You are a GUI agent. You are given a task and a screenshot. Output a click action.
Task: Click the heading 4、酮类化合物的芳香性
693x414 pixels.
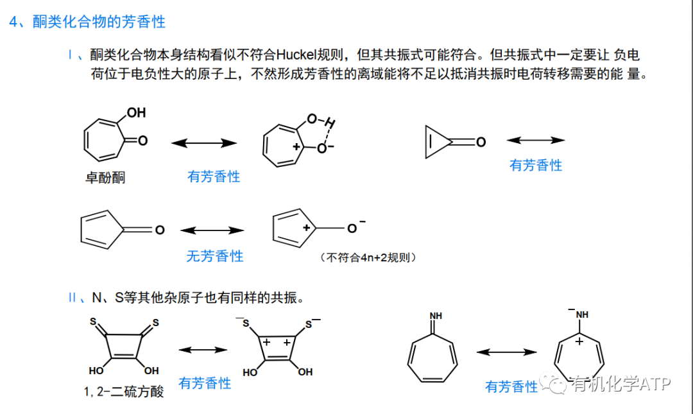click(x=87, y=22)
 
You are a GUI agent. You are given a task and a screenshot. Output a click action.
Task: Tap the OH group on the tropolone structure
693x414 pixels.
click(x=136, y=113)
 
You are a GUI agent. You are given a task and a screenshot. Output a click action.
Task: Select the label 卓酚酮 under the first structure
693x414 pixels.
click(x=105, y=178)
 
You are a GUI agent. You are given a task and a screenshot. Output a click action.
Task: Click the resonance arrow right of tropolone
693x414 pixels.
click(x=203, y=143)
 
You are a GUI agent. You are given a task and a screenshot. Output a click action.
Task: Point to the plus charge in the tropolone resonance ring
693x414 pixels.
click(x=296, y=147)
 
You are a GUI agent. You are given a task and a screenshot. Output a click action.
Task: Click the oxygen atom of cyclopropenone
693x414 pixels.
click(x=481, y=142)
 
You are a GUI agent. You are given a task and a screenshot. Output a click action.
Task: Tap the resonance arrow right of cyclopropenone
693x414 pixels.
click(x=536, y=141)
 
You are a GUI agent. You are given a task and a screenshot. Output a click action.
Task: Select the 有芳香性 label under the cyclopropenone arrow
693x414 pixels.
click(x=536, y=165)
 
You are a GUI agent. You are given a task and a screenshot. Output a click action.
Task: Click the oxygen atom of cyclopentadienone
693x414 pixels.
click(x=160, y=230)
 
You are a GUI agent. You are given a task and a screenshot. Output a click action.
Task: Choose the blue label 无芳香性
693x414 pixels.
click(x=215, y=256)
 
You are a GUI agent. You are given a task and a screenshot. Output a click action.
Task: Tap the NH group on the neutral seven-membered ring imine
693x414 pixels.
click(x=436, y=315)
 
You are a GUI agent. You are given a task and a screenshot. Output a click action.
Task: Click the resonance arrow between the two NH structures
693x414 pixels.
click(x=506, y=352)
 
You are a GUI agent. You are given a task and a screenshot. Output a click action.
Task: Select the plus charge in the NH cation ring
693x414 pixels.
click(x=579, y=341)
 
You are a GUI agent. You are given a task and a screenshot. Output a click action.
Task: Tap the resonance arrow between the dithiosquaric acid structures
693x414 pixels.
click(x=203, y=350)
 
